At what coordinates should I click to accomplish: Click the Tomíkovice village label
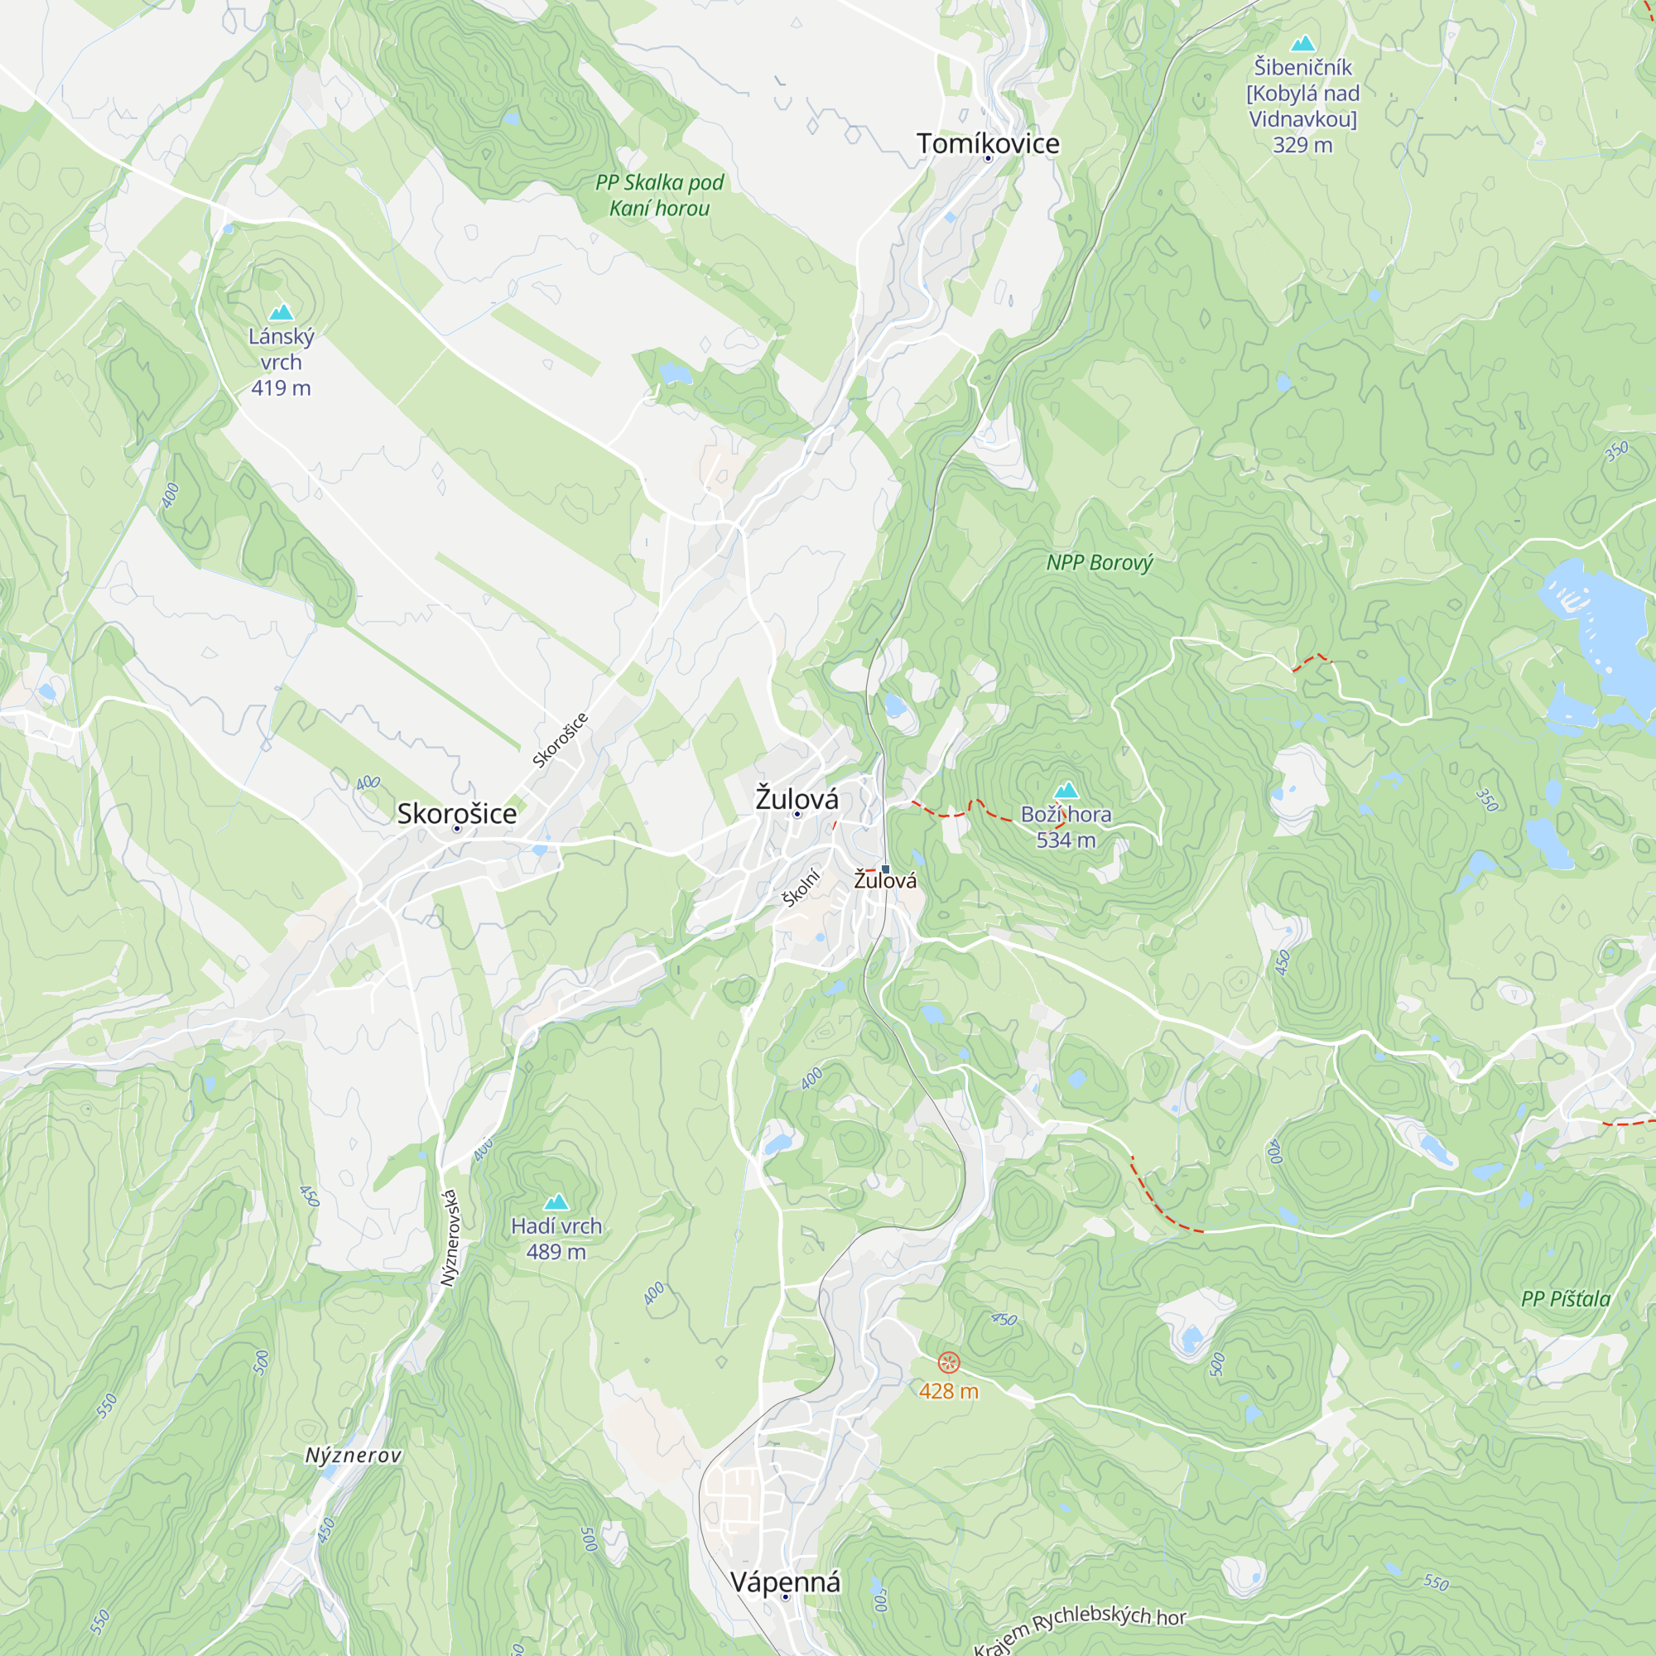(x=988, y=143)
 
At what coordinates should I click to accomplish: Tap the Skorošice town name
(x=457, y=813)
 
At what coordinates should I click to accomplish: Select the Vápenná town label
(x=785, y=1582)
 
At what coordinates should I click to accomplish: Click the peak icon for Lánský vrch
(x=282, y=312)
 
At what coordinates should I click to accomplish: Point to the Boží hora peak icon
(x=1066, y=789)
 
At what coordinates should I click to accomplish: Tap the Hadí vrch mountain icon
(x=556, y=1201)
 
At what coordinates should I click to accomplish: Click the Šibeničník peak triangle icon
(x=1302, y=43)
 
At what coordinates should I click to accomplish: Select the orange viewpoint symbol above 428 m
(x=949, y=1362)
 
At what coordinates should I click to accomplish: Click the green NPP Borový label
(x=1100, y=563)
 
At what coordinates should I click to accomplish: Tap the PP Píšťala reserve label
(x=1566, y=1299)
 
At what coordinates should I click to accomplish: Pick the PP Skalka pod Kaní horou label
(x=659, y=195)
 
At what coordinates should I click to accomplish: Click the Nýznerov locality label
(x=354, y=1456)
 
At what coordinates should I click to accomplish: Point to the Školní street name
(x=802, y=887)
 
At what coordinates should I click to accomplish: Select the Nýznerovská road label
(x=450, y=1238)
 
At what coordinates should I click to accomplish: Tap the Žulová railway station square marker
(x=885, y=869)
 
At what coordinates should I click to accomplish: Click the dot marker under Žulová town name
(x=797, y=814)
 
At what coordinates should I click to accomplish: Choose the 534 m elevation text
(x=1066, y=840)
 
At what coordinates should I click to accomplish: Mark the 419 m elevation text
(x=282, y=388)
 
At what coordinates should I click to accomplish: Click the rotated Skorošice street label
(x=560, y=739)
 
